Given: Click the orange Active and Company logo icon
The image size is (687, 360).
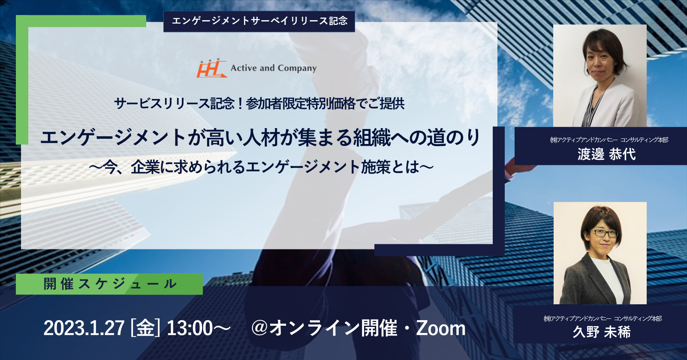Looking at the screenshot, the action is pyautogui.click(x=211, y=68).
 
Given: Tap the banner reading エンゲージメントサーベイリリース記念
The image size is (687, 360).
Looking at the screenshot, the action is pyautogui.click(x=259, y=21).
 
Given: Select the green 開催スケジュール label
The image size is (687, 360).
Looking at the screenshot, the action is pyautogui.click(x=109, y=284).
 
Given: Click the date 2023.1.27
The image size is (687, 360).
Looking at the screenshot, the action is pyautogui.click(x=84, y=328).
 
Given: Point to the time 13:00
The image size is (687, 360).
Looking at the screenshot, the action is pyautogui.click(x=190, y=328).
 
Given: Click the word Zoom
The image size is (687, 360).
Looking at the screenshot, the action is pyautogui.click(x=440, y=328).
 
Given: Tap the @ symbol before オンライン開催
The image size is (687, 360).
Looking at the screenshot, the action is pyautogui.click(x=260, y=328).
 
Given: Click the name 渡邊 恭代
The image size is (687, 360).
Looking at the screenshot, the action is pyautogui.click(x=607, y=154).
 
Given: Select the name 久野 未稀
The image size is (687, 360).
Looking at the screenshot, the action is pyautogui.click(x=602, y=332).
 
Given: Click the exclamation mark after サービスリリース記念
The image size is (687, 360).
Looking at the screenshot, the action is pyautogui.click(x=240, y=104).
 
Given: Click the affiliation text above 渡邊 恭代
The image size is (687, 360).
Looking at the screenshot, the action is pyautogui.click(x=609, y=140).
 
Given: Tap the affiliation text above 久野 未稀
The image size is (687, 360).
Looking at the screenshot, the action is pyautogui.click(x=603, y=318).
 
